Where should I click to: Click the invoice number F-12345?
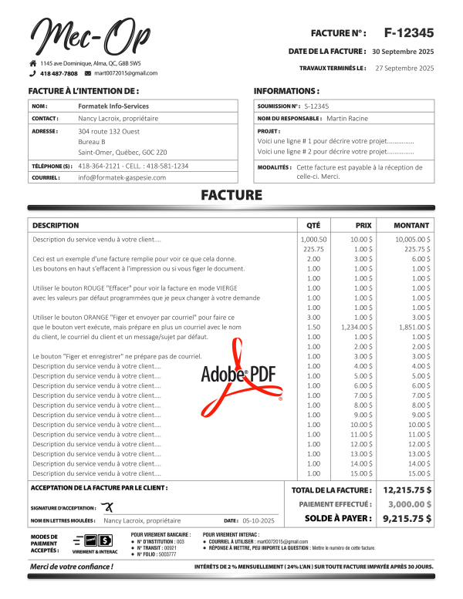408,32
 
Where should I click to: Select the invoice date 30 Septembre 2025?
403,51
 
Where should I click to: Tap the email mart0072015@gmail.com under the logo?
126,73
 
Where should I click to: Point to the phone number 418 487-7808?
59,73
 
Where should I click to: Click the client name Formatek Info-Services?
113,106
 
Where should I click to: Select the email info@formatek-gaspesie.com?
122,177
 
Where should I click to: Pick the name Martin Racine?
347,119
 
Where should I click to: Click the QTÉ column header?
313,225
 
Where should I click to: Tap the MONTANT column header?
411,225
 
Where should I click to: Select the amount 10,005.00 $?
413,240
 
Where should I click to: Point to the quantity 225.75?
313,249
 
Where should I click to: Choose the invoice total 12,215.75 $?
407,490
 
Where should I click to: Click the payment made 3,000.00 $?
408,504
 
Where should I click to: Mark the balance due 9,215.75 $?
407,519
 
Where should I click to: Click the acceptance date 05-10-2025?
259,521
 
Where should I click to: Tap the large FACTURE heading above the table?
231,195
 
